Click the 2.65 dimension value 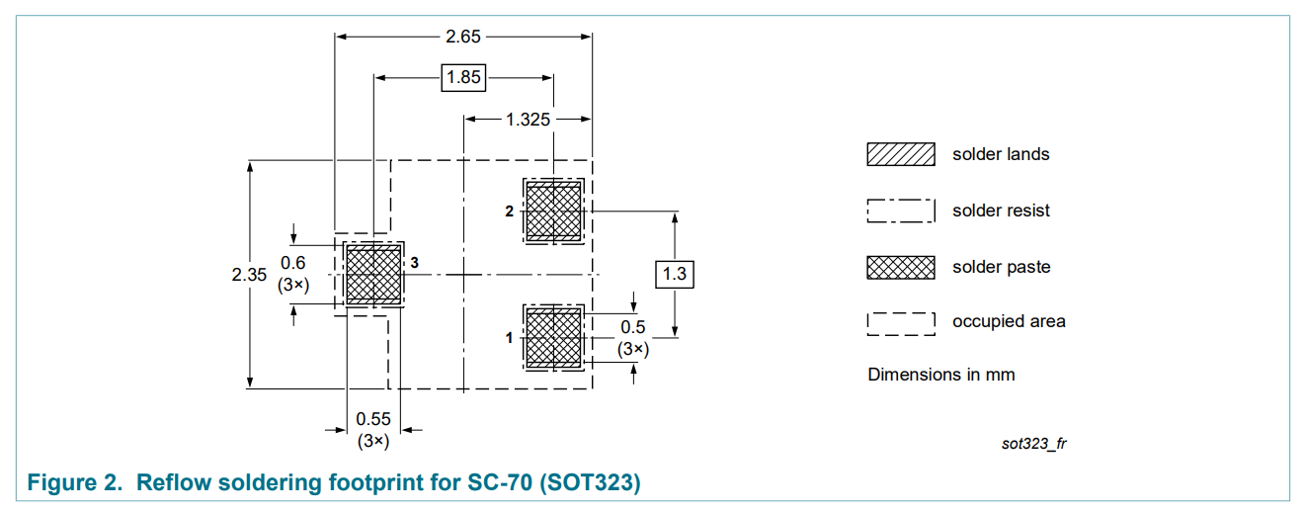[x=463, y=38]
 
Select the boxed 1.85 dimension [x=463, y=77]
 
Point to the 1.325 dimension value [x=529, y=120]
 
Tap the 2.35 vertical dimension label [x=249, y=275]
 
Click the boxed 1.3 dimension [x=675, y=274]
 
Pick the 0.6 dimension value [x=293, y=263]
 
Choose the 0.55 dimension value [x=373, y=419]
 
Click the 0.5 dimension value [x=633, y=327]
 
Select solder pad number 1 [x=553, y=337]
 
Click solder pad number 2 [x=553, y=211]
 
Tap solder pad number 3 [x=373, y=274]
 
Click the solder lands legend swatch [x=900, y=154]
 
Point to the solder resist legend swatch [x=900, y=211]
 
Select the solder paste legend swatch [x=900, y=267]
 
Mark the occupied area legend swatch [x=900, y=322]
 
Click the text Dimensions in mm [x=940, y=375]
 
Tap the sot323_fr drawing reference [x=1033, y=443]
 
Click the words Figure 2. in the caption [x=75, y=483]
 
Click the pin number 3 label [x=415, y=263]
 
